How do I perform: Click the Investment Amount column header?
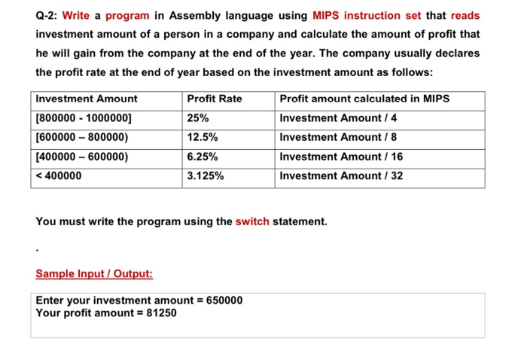[87, 99]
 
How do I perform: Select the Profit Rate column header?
[214, 99]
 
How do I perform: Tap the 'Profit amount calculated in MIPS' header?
[364, 99]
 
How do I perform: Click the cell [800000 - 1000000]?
[84, 118]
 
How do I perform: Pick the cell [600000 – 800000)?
[82, 137]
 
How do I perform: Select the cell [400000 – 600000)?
[82, 157]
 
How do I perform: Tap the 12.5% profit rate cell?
[203, 137]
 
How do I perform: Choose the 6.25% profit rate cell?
[203, 157]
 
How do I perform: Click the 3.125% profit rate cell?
[205, 176]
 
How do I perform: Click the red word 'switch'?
[252, 221]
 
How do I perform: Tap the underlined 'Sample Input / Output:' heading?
[94, 274]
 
